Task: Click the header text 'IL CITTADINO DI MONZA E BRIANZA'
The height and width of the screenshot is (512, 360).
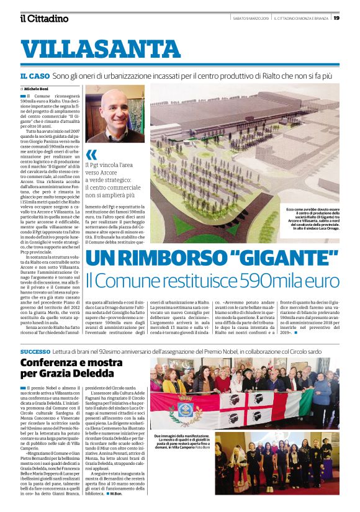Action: [302, 17]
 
